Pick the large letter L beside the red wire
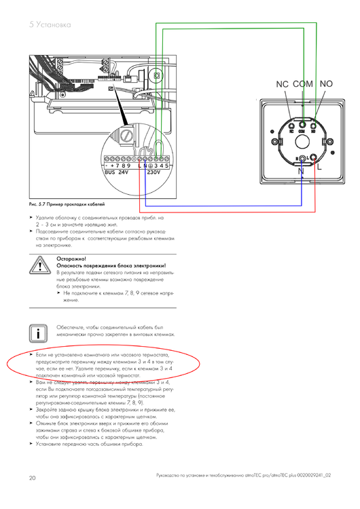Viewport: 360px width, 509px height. [319, 166]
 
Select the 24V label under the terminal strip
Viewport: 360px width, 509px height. [124, 172]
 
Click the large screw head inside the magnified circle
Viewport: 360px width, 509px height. [126, 136]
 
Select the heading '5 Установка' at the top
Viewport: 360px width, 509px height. [51, 25]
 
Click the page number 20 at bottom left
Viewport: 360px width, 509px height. [33, 478]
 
